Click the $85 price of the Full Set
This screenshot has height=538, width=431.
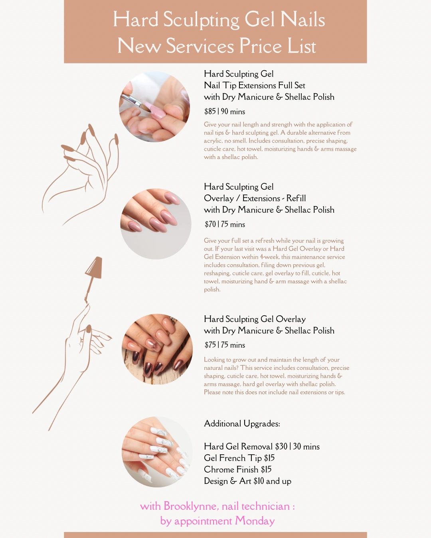pos(210,111)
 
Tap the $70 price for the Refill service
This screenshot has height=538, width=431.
pos(210,224)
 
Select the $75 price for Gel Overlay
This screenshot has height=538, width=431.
pos(210,345)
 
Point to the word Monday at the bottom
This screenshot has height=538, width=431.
pos(255,521)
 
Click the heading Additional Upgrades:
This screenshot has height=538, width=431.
pos(242,424)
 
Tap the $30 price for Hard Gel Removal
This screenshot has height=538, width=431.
pos(281,446)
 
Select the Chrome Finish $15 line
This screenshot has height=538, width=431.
pos(238,469)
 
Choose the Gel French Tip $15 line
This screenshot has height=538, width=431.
pos(239,458)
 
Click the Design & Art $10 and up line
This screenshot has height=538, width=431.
pos(247,481)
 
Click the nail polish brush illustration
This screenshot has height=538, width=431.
pos(93,280)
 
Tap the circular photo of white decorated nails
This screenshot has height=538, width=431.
pos(157,452)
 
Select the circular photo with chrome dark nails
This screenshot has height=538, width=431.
pos(157,349)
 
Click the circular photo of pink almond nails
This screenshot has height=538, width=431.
pos(156,224)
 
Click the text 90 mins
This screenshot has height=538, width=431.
pos(233,111)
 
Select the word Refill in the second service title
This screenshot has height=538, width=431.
pos(296,198)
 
